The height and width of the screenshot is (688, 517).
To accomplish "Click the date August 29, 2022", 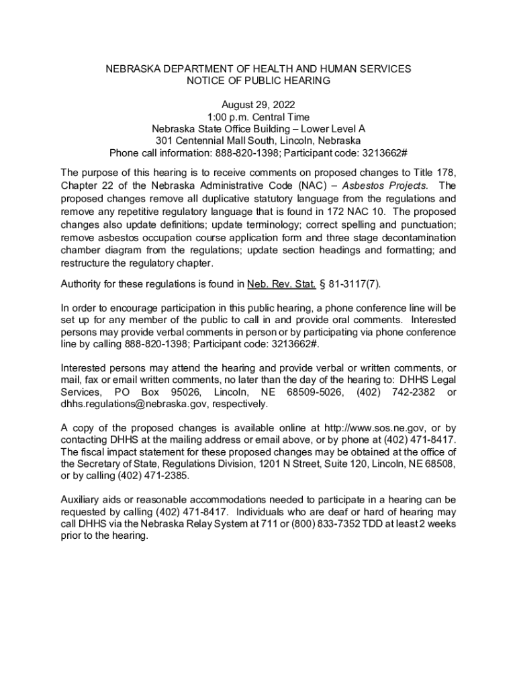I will (258, 105).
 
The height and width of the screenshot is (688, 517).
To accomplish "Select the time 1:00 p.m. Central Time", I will (258, 117).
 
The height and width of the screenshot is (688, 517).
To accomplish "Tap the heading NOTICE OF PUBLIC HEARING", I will (258, 81).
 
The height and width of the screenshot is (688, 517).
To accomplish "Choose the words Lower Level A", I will (333, 129).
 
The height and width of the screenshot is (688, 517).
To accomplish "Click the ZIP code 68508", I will (440, 464).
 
